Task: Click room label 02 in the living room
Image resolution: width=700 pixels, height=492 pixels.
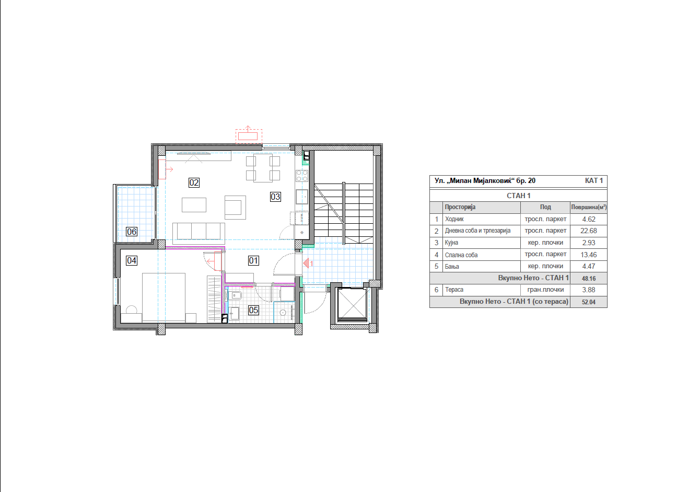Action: (194, 182)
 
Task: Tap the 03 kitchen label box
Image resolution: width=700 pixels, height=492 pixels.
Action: (275, 197)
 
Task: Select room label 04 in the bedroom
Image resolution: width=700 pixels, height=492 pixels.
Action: (132, 260)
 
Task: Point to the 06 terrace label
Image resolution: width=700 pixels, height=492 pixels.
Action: (132, 232)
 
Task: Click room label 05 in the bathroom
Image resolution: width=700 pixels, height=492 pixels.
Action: (253, 310)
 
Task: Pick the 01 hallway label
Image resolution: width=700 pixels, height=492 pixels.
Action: (253, 260)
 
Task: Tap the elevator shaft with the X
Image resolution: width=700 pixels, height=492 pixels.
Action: (352, 305)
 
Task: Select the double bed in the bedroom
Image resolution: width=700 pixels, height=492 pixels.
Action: (164, 297)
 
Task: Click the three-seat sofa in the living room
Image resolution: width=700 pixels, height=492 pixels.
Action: (199, 233)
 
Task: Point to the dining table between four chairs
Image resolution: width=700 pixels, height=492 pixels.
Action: (263, 168)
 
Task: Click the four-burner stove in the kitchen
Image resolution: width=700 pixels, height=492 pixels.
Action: (302, 176)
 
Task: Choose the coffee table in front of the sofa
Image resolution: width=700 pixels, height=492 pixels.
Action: (194, 205)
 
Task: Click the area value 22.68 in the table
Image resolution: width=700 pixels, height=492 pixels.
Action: (589, 231)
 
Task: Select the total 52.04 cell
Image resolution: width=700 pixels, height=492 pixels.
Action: (589, 302)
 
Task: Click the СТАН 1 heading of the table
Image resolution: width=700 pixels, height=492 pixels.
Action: (518, 196)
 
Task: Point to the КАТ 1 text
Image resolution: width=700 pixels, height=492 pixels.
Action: (594, 181)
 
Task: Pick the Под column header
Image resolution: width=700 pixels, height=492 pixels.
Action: (545, 207)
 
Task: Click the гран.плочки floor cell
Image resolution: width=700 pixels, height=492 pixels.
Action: (545, 290)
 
